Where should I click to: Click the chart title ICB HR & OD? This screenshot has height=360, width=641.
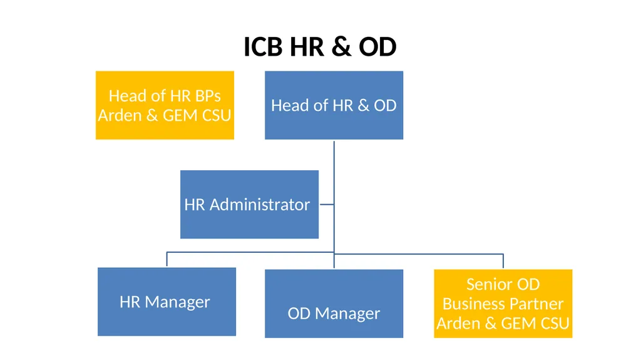pyautogui.click(x=320, y=46)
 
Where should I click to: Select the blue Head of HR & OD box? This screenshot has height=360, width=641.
pyautogui.click(x=334, y=105)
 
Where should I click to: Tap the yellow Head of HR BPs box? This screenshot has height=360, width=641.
pyautogui.click(x=165, y=105)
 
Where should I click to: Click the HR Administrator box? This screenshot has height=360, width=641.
pyautogui.click(x=249, y=204)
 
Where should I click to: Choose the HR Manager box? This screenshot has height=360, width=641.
pyautogui.click(x=167, y=302)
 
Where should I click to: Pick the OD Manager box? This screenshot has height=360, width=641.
pyautogui.click(x=334, y=304)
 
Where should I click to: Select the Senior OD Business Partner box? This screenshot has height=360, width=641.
pyautogui.click(x=503, y=304)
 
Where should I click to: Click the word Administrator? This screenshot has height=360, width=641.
pyautogui.click(x=260, y=205)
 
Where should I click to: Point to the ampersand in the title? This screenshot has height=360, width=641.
pyautogui.click(x=341, y=46)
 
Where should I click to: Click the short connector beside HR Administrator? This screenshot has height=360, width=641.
pyautogui.click(x=327, y=204)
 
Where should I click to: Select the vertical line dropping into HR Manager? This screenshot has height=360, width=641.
pyautogui.click(x=167, y=259)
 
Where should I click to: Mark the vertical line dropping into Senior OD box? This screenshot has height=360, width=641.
pyautogui.click(x=503, y=262)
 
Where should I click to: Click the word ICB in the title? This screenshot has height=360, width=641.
pyautogui.click(x=263, y=46)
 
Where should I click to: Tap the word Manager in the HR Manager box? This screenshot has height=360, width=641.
pyautogui.click(x=177, y=302)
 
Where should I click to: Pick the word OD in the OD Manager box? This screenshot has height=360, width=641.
pyautogui.click(x=299, y=314)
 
